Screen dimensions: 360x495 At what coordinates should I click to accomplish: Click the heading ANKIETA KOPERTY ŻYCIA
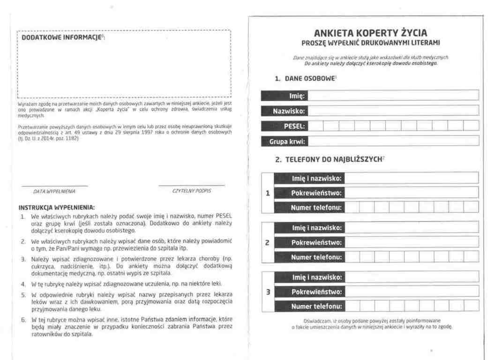pyautogui.click(x=370, y=33)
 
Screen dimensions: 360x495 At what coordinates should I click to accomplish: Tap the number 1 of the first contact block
pyautogui.click(x=268, y=193)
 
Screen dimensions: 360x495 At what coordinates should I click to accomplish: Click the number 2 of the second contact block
pyautogui.click(x=268, y=242)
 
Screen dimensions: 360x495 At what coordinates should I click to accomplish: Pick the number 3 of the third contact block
pyautogui.click(x=268, y=292)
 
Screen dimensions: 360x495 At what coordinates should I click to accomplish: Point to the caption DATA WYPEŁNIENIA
pyautogui.click(x=54, y=191)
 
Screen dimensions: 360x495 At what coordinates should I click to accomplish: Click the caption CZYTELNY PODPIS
pyautogui.click(x=192, y=191)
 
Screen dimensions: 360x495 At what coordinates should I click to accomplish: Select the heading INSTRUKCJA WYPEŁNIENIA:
pyautogui.click(x=56, y=207)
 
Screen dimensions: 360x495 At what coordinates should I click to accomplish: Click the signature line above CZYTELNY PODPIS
pyautogui.click(x=192, y=186)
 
